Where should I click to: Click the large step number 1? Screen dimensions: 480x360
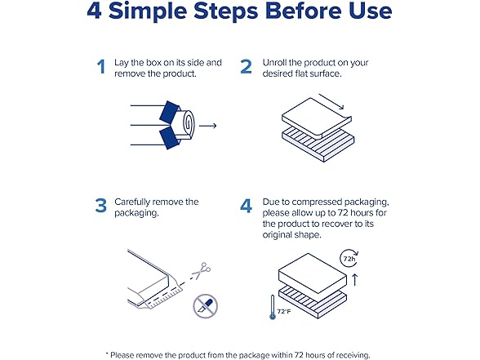[x=101, y=67]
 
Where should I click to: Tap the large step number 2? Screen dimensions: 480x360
[x=247, y=67]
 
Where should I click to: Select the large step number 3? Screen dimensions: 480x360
[x=101, y=206]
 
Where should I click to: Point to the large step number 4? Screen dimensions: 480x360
[x=247, y=206]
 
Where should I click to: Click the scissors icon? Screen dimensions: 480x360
[x=202, y=271]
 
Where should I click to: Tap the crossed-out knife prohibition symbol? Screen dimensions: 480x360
[x=206, y=306]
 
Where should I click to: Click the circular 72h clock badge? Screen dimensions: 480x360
[x=349, y=259]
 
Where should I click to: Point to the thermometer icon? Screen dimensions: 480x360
[x=273, y=307]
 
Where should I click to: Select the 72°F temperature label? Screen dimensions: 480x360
[x=284, y=312]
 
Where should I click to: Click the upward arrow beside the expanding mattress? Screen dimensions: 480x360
[x=355, y=280]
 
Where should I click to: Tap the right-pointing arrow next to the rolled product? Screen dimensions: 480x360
[x=208, y=126]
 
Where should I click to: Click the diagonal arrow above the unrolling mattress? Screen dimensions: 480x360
[x=331, y=101]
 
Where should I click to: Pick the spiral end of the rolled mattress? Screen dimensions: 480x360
[x=188, y=124]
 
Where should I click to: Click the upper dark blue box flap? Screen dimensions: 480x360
[x=169, y=111]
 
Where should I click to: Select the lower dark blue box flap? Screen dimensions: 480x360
[x=169, y=138]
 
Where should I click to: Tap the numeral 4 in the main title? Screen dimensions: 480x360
[x=94, y=11]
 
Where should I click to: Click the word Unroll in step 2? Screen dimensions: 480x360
[x=274, y=62]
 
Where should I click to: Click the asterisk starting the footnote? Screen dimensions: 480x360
[x=107, y=353]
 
